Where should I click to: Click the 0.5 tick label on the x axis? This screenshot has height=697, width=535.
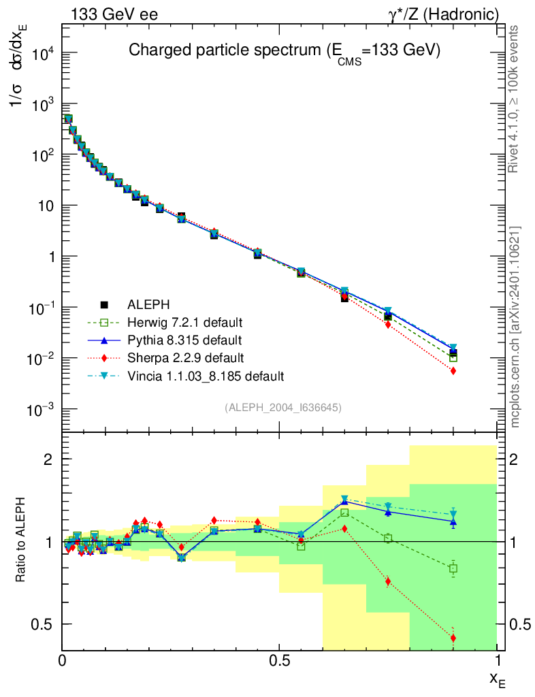pos(279,660)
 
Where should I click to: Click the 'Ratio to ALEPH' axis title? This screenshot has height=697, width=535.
pos(21,541)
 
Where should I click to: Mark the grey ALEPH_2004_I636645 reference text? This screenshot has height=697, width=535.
pos(282,407)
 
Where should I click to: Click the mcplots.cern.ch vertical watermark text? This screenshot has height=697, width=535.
pos(515,327)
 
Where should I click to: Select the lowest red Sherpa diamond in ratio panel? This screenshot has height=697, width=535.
pos(453,638)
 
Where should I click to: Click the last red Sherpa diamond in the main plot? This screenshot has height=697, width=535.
pos(453,371)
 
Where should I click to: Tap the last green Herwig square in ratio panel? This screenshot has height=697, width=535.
pos(453,568)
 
